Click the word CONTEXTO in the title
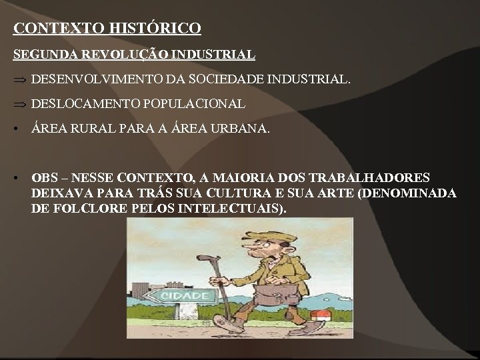(x=53, y=29)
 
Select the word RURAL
(x=93, y=129)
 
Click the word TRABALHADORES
(x=377, y=178)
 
